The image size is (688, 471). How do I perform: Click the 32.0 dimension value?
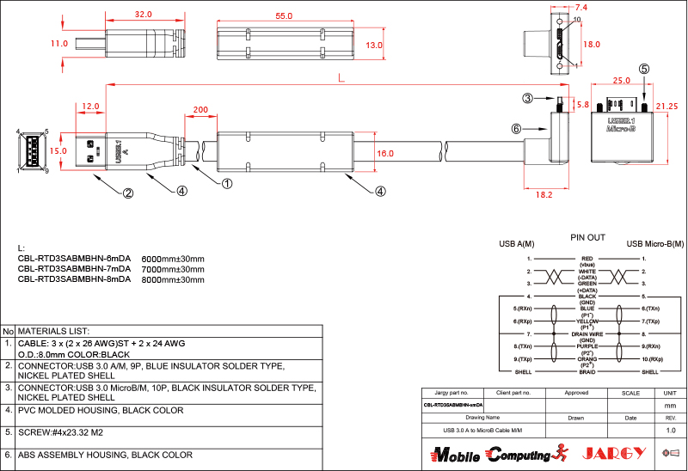144,15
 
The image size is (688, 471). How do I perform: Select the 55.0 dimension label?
283,15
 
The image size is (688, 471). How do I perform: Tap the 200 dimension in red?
200,110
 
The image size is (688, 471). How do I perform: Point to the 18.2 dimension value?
544,195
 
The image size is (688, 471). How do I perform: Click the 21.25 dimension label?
667,106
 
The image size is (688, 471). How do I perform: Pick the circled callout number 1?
227,182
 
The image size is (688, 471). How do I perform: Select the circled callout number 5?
644,69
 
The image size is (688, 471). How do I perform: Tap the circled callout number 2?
128,193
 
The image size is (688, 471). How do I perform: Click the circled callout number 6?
516,129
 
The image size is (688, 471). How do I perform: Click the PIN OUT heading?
587,236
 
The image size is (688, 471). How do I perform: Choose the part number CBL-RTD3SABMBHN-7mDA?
74,268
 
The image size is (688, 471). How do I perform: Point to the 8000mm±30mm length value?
172,279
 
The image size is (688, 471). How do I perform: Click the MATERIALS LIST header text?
54,331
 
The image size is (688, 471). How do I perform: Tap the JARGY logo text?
614,453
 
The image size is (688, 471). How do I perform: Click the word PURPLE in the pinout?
587,345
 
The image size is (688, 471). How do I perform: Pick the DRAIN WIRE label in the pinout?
587,333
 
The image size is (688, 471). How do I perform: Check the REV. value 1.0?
671,429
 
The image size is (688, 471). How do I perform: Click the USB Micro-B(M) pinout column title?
653,243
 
